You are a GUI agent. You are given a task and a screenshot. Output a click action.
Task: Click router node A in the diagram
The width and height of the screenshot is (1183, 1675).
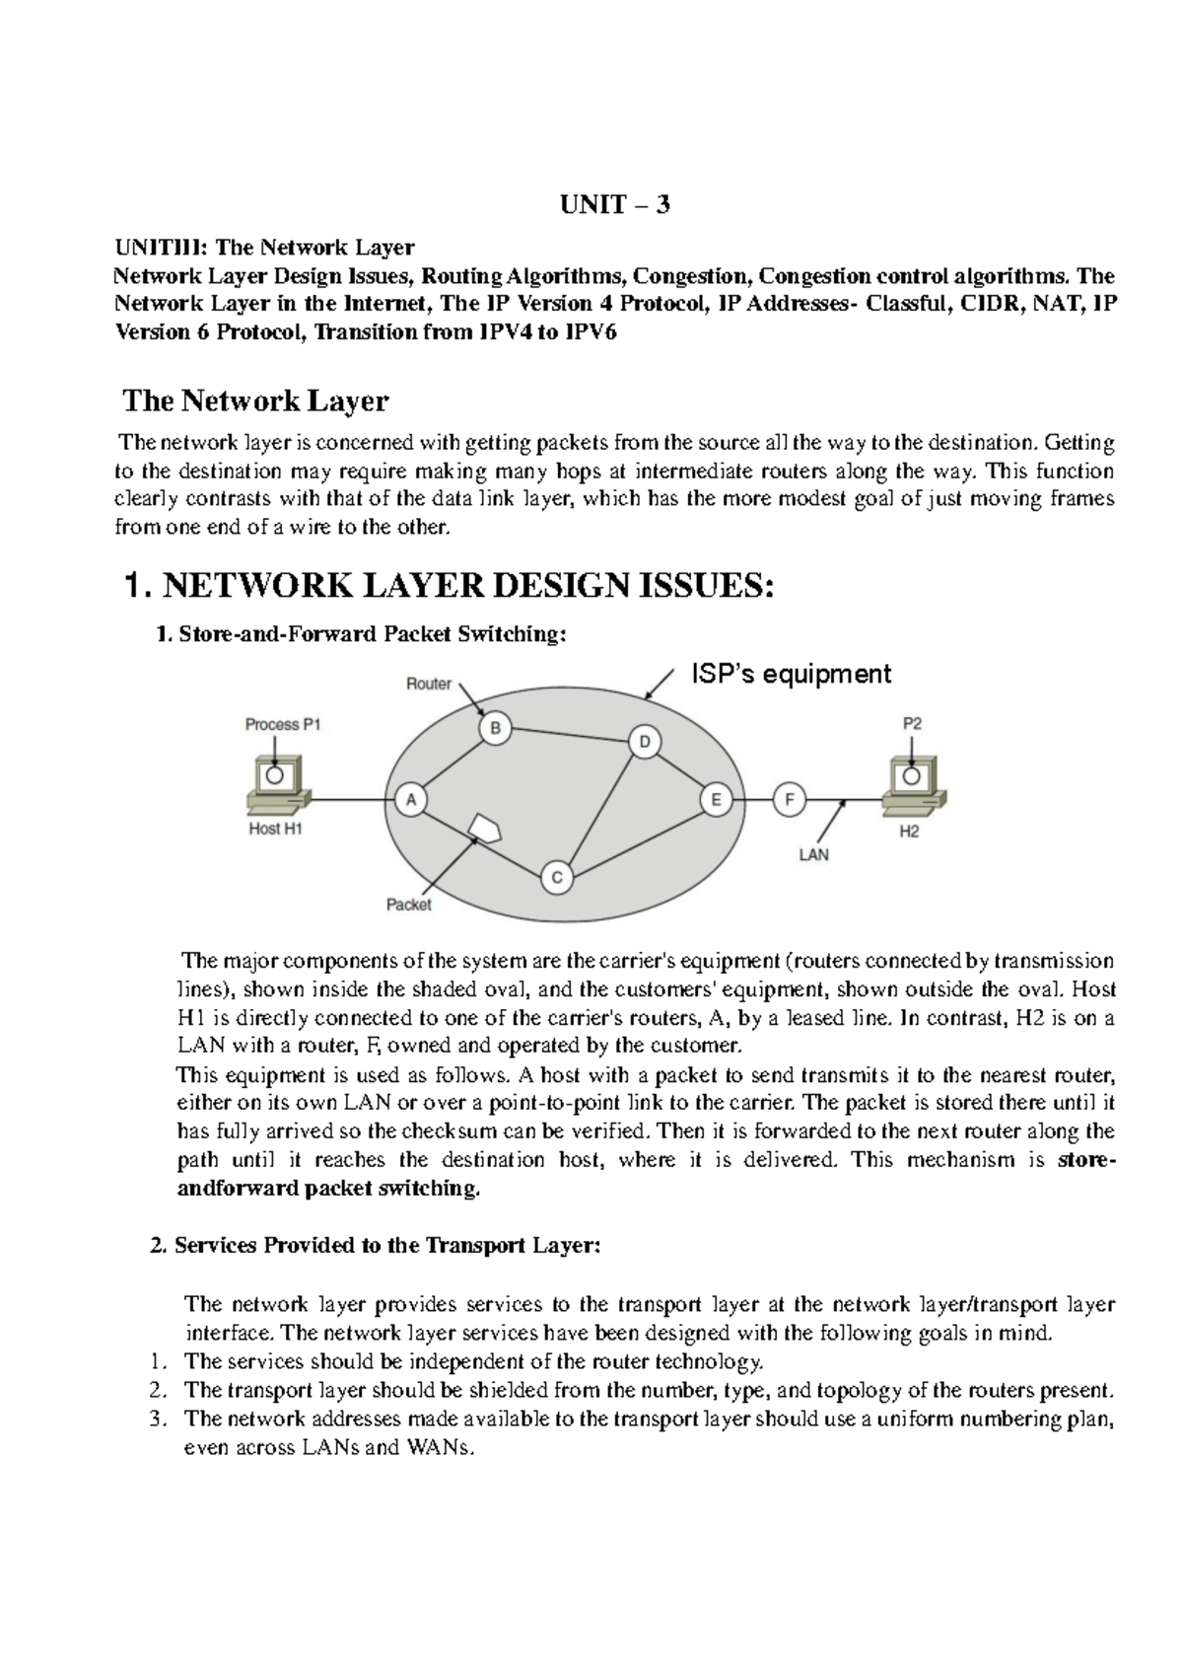410,800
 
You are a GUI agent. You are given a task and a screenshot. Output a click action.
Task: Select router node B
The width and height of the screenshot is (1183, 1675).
495,729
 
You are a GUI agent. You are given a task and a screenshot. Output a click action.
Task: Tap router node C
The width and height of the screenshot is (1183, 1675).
557,877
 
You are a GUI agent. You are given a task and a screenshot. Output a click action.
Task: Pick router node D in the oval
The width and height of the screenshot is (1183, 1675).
645,742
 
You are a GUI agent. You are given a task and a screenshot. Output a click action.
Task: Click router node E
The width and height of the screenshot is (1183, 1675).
717,800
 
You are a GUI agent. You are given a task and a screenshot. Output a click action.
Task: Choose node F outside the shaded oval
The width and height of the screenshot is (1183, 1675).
788,800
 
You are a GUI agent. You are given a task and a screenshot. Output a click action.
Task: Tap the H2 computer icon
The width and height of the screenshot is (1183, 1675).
914,785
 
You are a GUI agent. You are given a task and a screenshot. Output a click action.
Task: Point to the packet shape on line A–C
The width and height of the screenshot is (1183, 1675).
484,827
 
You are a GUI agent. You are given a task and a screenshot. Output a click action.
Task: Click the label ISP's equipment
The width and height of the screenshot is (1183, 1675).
790,674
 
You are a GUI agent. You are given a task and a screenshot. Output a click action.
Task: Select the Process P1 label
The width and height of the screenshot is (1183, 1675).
283,724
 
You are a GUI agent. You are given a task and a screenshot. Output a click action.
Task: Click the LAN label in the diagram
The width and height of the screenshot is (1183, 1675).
813,855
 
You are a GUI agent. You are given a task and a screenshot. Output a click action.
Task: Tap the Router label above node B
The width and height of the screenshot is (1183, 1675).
429,684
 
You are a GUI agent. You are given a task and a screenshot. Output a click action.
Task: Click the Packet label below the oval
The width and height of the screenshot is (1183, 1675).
408,904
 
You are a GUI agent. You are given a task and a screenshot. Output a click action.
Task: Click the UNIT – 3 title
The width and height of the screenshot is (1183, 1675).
615,205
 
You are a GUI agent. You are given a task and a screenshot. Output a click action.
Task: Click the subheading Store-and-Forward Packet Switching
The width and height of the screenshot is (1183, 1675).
362,634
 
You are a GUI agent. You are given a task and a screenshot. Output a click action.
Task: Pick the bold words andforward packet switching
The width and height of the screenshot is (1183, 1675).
329,1189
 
